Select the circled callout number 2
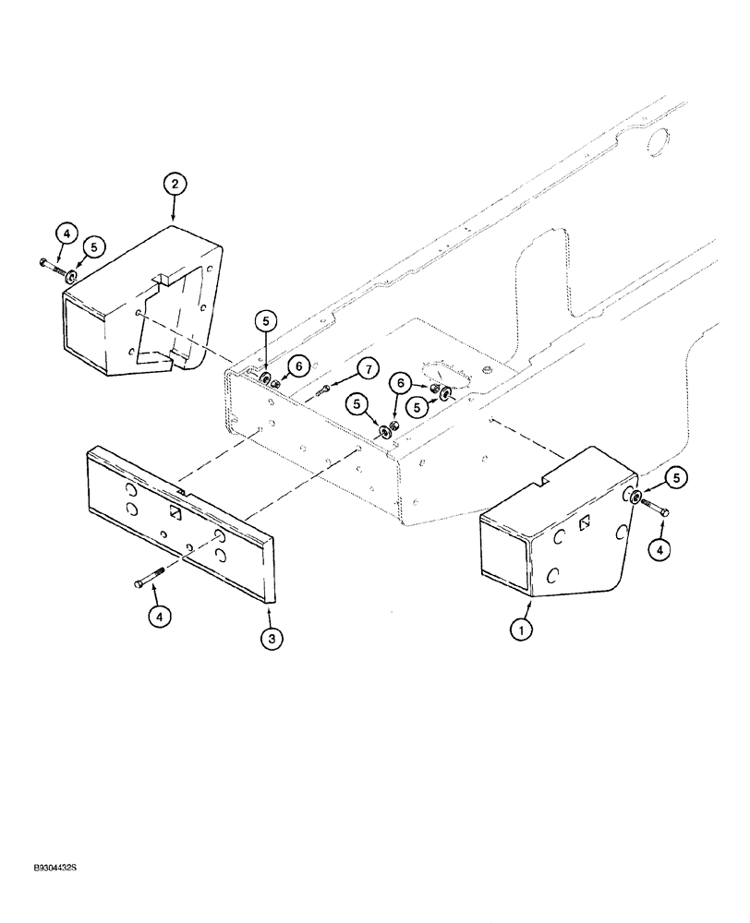[x=174, y=184]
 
